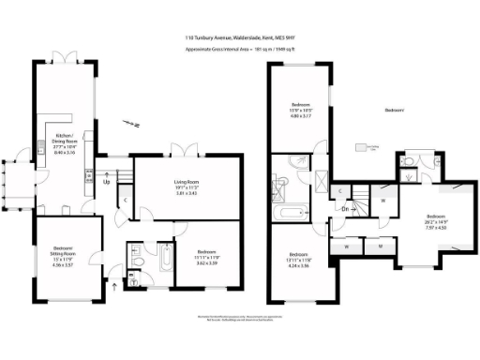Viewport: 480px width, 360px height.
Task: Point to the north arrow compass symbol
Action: pyautogui.click(x=135, y=123)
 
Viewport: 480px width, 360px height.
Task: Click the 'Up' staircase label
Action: pyautogui.click(x=107, y=181)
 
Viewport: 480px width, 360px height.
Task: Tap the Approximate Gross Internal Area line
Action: pyautogui.click(x=239, y=47)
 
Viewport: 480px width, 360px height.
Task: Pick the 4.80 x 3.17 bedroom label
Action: pyautogui.click(x=301, y=111)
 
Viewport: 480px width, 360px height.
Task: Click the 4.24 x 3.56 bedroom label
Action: pyautogui.click(x=299, y=262)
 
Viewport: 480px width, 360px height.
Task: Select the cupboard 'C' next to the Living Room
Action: pyautogui.click(x=126, y=200)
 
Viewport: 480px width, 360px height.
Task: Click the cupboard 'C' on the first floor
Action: pyautogui.click(x=338, y=191)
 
